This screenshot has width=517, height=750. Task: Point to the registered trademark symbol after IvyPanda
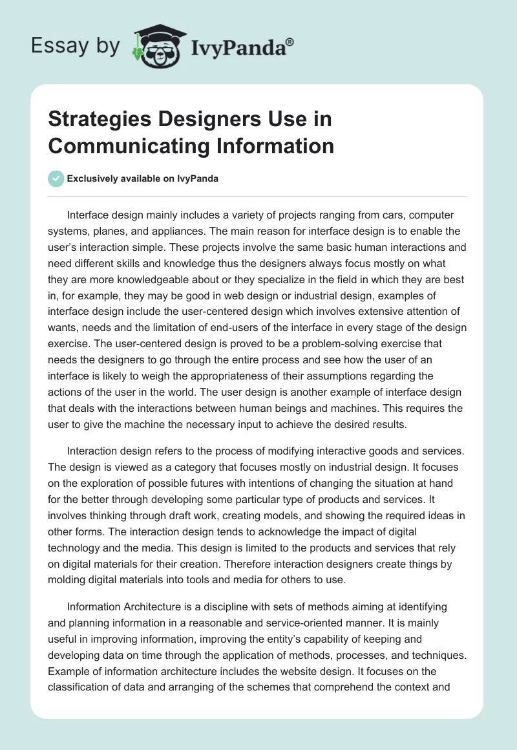click(x=290, y=41)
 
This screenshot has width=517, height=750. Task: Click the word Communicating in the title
click(x=121, y=145)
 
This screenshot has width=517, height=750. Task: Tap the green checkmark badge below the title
click(x=56, y=178)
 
